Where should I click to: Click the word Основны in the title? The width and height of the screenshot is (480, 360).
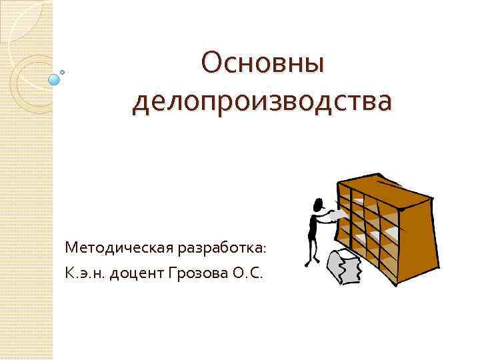coord(263,64)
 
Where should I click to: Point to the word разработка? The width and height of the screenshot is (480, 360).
coord(219,248)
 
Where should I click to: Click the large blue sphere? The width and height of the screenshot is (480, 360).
coord(55,79)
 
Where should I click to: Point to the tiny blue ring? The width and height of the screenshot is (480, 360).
coord(63,71)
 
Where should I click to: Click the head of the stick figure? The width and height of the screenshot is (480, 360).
coord(319,203)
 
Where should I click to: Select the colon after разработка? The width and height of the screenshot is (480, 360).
coord(265,250)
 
